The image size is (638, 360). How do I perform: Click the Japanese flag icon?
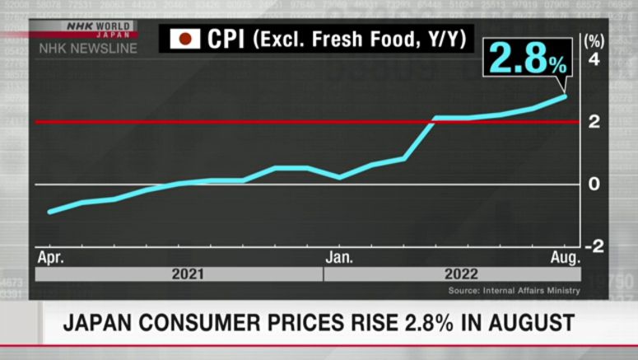pos(186,39)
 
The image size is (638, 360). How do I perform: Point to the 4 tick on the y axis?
pos(594,60)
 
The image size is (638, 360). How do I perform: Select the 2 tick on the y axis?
pos(594,122)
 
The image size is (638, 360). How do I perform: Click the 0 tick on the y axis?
pos(594,184)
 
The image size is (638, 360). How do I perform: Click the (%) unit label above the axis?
pos(593,40)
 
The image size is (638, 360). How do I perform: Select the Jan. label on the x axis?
pos(340,257)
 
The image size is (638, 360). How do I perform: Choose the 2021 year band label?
pos(188,274)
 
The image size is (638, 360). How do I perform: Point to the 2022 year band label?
pos(461,274)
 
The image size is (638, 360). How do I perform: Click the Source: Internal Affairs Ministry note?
pos(515,290)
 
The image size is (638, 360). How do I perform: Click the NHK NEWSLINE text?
pos(86,49)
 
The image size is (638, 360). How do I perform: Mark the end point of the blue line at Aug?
pos(566,96)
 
